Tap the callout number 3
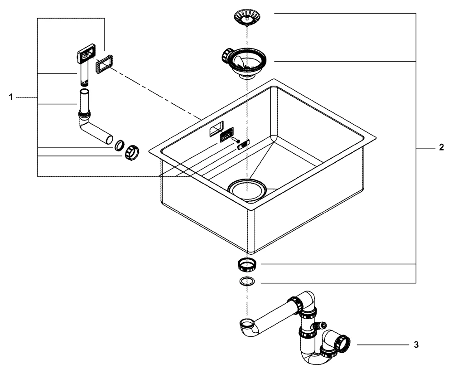(x=416, y=345)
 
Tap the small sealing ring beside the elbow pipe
(x=119, y=146)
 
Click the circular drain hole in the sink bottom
(x=247, y=189)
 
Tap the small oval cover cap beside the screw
(x=242, y=144)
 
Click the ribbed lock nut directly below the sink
(x=247, y=264)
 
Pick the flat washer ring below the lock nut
(x=247, y=282)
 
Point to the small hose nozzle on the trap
(x=322, y=325)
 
